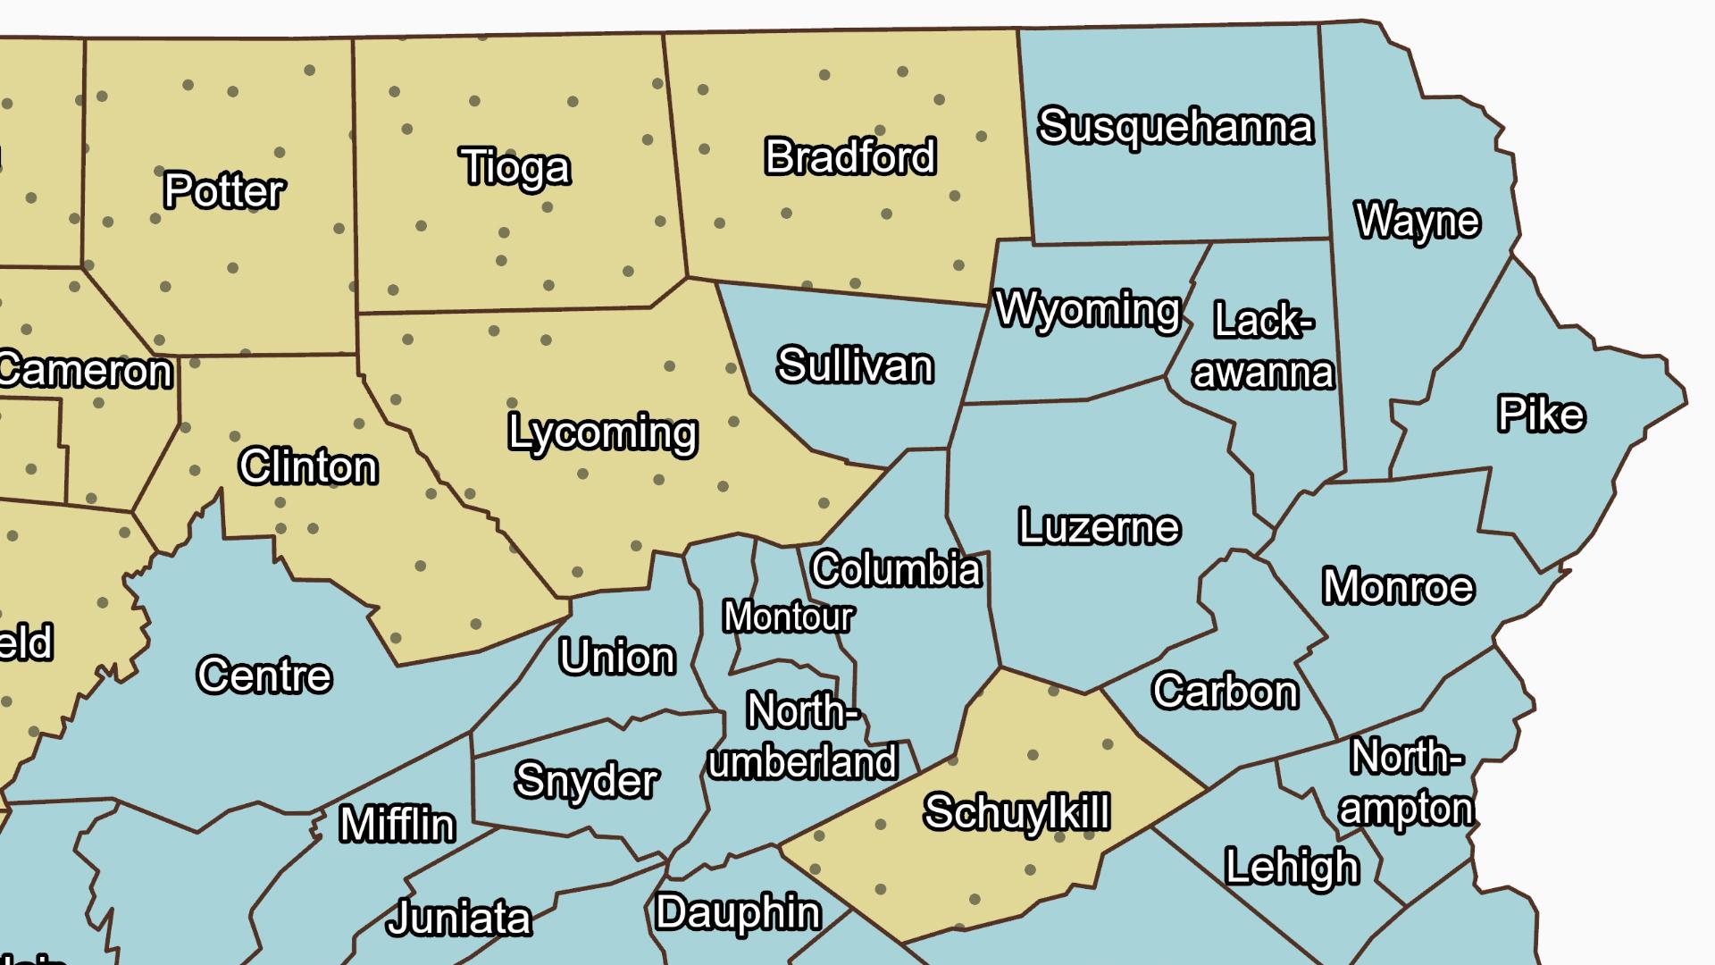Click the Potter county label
tap(224, 190)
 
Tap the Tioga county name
tap(515, 167)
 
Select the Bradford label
tap(850, 157)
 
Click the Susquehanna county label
tap(1175, 126)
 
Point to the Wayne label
tap(1418, 221)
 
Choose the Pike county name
tap(1541, 415)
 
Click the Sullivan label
tap(855, 365)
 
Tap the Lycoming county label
tap(603, 433)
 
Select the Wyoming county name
tap(1088, 310)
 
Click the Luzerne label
tap(1100, 527)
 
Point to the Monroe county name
tap(1398, 587)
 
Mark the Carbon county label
tap(1225, 691)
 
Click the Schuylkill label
tap(1016, 812)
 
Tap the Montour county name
tap(789, 617)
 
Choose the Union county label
tap(617, 658)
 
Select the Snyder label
tap(587, 781)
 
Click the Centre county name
tap(264, 675)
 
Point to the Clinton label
tap(308, 467)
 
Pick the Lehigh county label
tap(1292, 868)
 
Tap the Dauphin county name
tap(738, 913)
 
